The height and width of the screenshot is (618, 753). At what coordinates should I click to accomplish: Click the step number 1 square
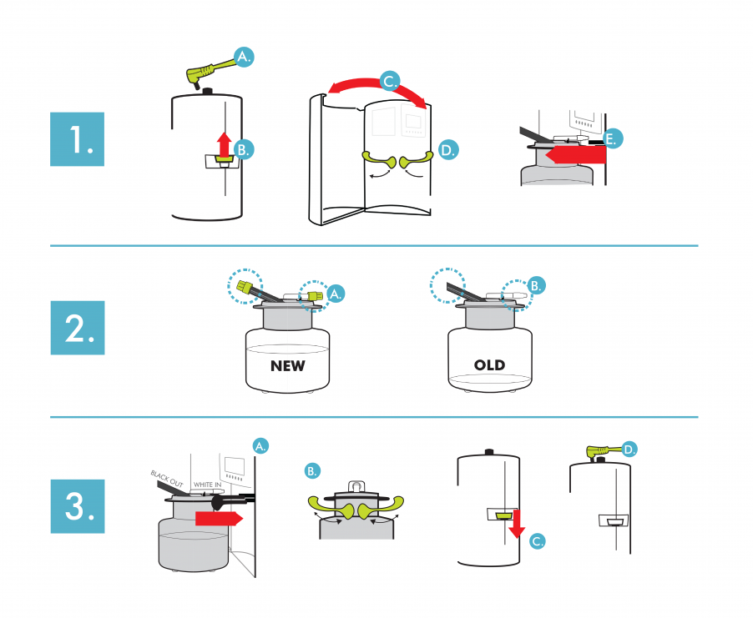click(x=77, y=139)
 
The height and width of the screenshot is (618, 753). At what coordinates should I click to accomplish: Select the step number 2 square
click(x=77, y=327)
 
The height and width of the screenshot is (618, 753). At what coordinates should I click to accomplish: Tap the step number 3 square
click(x=77, y=506)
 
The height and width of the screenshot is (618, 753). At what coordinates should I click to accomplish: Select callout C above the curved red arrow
click(x=389, y=81)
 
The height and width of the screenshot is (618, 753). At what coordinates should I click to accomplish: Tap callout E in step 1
click(x=612, y=139)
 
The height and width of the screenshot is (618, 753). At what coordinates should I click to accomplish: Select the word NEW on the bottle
click(x=287, y=365)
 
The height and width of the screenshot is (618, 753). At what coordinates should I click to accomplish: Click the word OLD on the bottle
click(x=490, y=365)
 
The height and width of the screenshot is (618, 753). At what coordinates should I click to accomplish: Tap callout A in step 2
click(x=336, y=294)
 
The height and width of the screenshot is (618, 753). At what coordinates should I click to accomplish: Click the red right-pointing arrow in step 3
click(x=218, y=519)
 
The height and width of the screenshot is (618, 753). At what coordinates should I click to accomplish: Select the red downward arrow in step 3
click(x=516, y=522)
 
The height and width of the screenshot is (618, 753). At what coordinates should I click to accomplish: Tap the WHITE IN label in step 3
click(x=206, y=485)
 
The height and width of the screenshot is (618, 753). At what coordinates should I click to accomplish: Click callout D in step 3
click(x=629, y=449)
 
